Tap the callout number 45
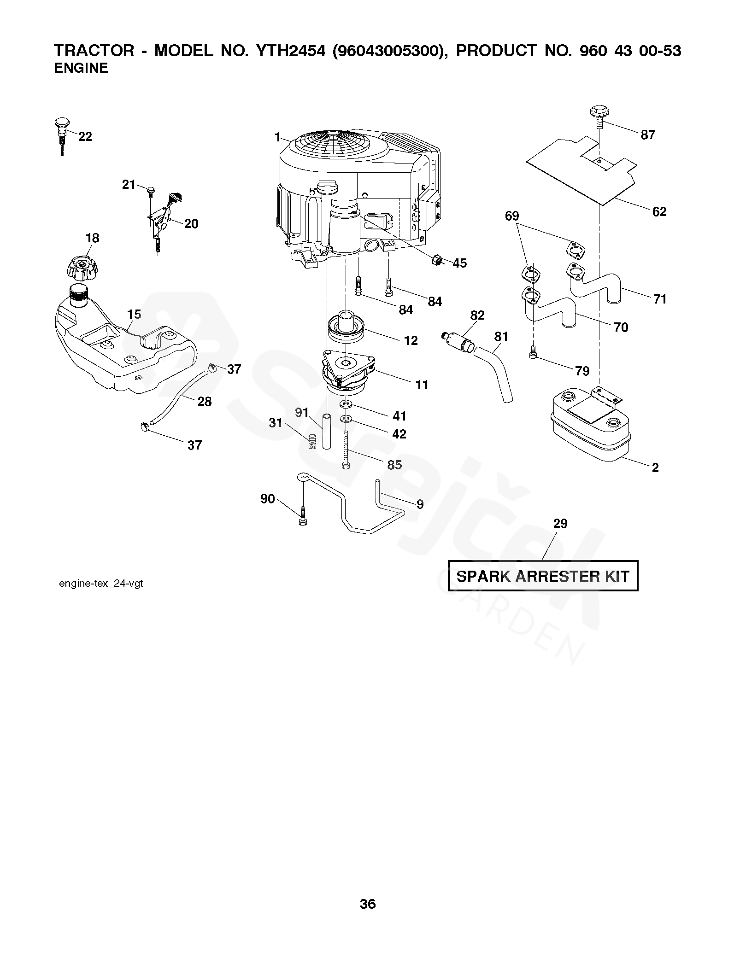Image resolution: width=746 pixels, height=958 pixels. [459, 263]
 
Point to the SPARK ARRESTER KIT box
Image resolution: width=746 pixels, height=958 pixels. [543, 576]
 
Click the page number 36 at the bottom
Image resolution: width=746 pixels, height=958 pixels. [368, 904]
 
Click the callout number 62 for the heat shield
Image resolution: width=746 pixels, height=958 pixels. [659, 211]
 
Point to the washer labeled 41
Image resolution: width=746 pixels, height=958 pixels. [346, 404]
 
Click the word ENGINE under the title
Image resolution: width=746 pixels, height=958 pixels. [81, 68]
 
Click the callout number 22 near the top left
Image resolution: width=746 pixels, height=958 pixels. [85, 136]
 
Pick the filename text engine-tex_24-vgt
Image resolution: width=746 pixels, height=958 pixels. [101, 584]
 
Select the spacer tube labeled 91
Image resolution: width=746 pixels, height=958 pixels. [327, 431]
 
